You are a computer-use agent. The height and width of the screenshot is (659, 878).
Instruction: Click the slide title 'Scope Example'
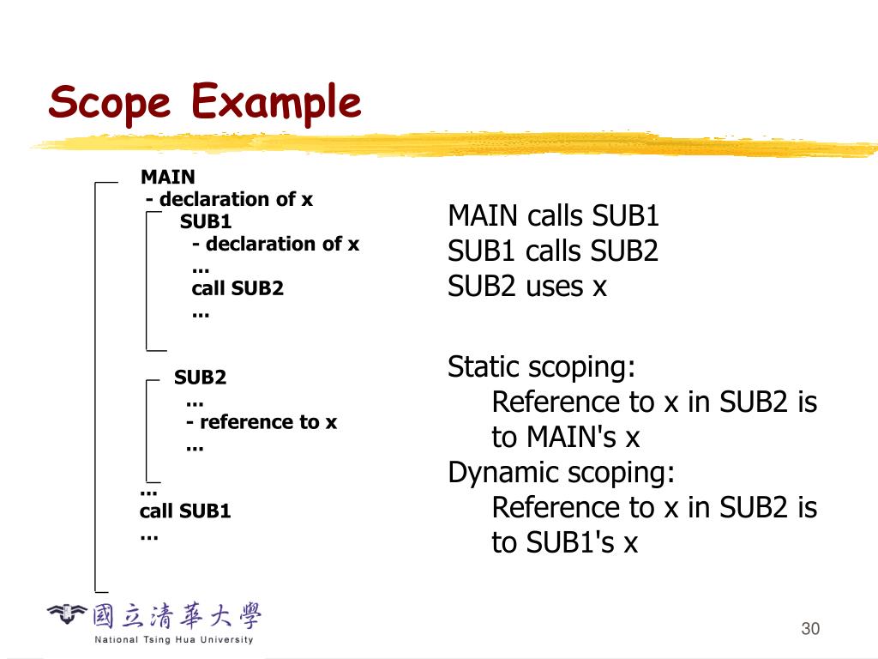(x=205, y=103)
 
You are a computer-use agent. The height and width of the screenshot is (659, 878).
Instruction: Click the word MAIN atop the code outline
(x=168, y=178)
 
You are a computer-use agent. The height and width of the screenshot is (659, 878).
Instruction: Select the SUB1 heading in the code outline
(x=206, y=221)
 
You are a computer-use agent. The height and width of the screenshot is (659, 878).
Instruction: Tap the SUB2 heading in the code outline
(x=200, y=378)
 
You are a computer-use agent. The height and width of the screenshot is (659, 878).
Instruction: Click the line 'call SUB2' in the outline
(x=238, y=288)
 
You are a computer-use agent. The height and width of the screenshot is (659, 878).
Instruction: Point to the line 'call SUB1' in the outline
(x=185, y=511)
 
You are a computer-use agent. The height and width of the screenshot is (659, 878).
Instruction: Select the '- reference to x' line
(x=262, y=422)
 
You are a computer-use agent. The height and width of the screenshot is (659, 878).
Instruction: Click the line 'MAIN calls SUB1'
(x=553, y=216)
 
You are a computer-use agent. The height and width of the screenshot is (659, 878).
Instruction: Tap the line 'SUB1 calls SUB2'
(x=553, y=251)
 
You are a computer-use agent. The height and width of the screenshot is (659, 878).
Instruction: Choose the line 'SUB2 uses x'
(x=527, y=287)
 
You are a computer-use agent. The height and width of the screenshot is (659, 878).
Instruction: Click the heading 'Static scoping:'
(x=542, y=367)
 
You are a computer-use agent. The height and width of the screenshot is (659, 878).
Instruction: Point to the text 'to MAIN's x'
(x=566, y=438)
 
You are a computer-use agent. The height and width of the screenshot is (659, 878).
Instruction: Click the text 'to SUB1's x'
(x=565, y=543)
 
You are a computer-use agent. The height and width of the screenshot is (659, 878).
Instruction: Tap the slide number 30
(x=810, y=629)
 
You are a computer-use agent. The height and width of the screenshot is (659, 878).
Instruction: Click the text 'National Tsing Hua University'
(x=174, y=640)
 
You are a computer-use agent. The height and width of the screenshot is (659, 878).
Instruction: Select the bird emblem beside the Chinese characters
(x=67, y=614)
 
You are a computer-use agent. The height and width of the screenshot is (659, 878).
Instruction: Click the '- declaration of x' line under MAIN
(x=230, y=200)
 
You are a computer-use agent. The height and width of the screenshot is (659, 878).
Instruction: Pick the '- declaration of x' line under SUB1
(x=275, y=244)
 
